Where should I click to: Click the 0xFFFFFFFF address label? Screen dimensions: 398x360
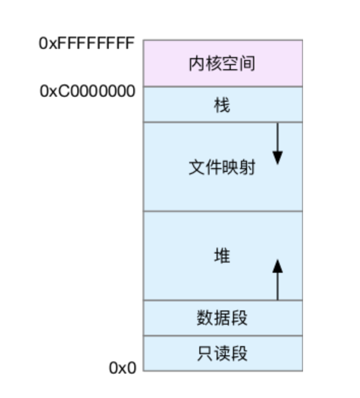click(86, 43)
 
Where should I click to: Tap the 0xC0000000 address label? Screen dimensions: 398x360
click(87, 92)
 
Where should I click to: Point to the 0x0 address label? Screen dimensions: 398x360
click(123, 368)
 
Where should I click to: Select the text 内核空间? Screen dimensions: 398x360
click(222, 64)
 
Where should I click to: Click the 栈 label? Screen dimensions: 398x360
click(222, 105)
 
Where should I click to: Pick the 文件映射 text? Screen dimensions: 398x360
click(222, 168)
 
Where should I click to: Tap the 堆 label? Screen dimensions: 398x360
click(222, 255)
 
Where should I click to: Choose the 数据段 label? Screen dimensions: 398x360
click(222, 318)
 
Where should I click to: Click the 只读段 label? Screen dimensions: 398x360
click(222, 353)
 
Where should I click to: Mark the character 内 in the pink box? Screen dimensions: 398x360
click(196, 64)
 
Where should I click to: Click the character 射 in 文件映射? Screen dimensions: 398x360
click(247, 168)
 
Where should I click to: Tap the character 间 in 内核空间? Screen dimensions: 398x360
click(247, 64)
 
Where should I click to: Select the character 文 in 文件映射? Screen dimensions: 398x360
click(196, 168)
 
